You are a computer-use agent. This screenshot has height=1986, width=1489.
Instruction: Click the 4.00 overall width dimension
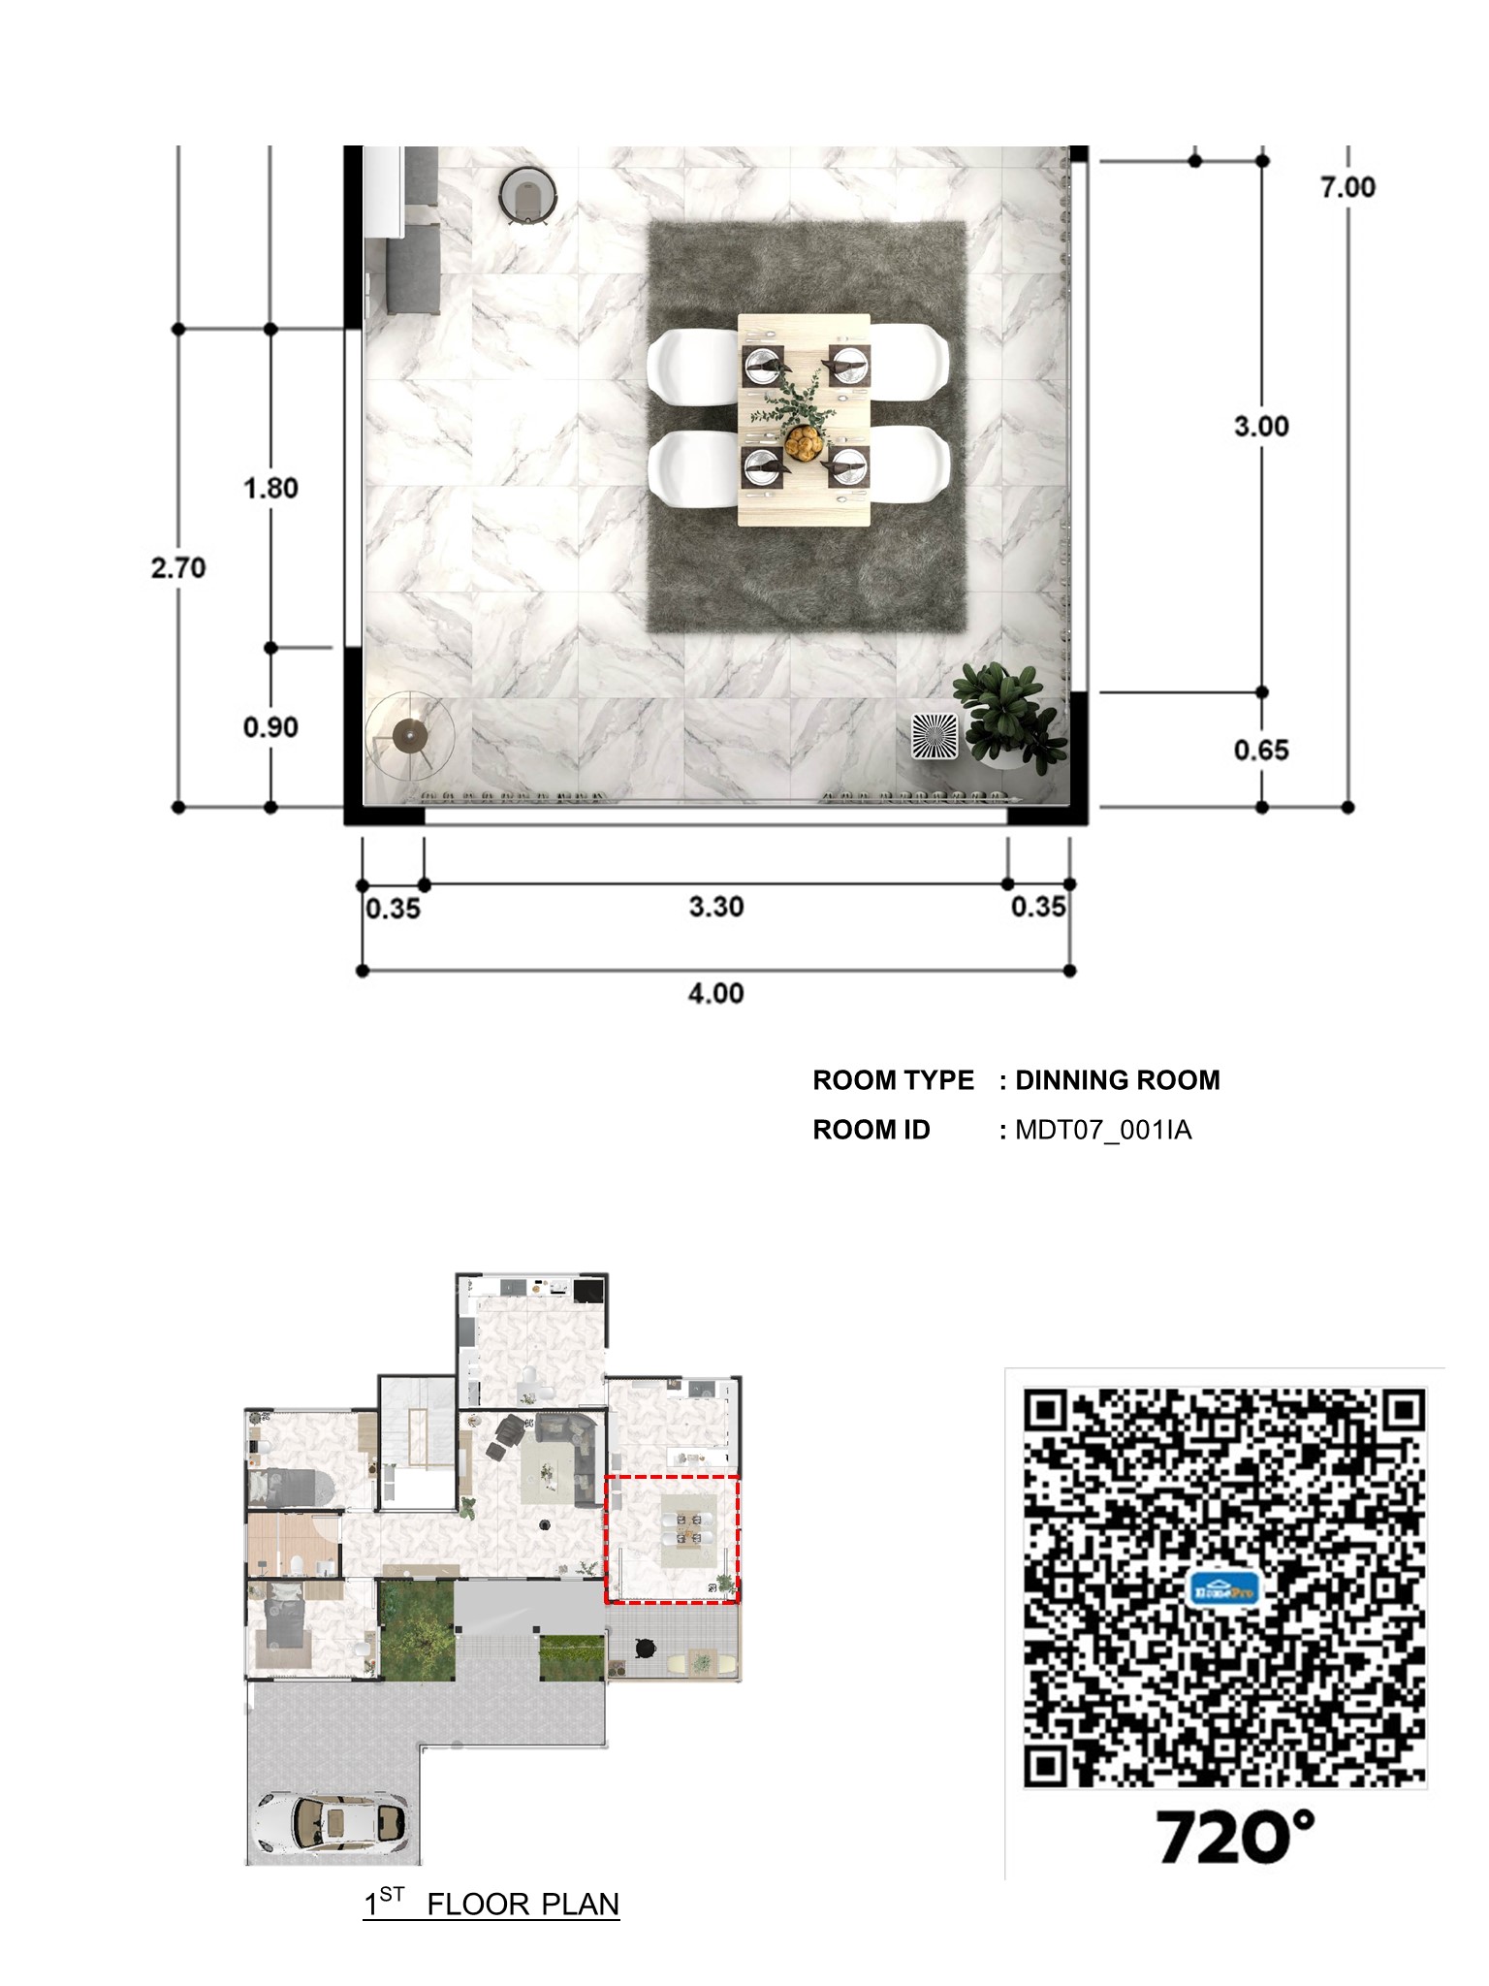pyautogui.click(x=715, y=993)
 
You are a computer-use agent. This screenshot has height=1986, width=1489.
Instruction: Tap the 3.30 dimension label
pyautogui.click(x=715, y=907)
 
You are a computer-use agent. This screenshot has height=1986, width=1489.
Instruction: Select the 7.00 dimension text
pyautogui.click(x=1347, y=187)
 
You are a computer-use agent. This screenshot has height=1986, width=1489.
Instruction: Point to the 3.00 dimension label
pyautogui.click(x=1260, y=426)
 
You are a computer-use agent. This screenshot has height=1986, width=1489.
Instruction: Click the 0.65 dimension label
pyautogui.click(x=1260, y=750)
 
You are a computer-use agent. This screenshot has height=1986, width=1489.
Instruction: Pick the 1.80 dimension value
pyautogui.click(x=270, y=488)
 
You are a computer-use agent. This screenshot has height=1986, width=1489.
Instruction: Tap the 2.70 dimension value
pyautogui.click(x=178, y=567)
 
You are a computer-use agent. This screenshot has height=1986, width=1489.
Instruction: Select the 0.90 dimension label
pyautogui.click(x=270, y=727)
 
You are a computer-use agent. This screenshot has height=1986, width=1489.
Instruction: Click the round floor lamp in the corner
pyautogui.click(x=410, y=736)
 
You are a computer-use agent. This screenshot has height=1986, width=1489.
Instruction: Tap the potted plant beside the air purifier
pyautogui.click(x=1008, y=713)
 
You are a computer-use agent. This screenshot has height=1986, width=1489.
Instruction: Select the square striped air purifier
pyautogui.click(x=935, y=736)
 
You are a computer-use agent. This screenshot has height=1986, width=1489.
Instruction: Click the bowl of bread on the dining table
pyautogui.click(x=804, y=443)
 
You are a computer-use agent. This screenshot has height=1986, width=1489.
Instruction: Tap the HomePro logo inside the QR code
pyautogui.click(x=1223, y=1590)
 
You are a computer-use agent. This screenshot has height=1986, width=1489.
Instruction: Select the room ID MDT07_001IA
pyautogui.click(x=1103, y=1130)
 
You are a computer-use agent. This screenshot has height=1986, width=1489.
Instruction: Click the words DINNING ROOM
pyautogui.click(x=1117, y=1080)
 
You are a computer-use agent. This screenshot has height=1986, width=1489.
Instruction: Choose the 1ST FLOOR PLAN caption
pyautogui.click(x=491, y=1904)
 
